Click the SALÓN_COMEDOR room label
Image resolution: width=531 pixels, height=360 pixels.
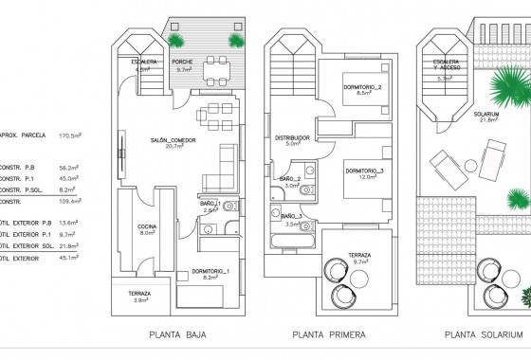pyautogui.click(x=172, y=139)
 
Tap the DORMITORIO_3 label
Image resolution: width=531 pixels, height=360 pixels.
pyautogui.click(x=364, y=171)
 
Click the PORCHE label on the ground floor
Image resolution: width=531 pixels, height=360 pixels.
pyautogui.click(x=185, y=63)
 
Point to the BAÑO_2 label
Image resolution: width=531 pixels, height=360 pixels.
pyautogui.click(x=290, y=178)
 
